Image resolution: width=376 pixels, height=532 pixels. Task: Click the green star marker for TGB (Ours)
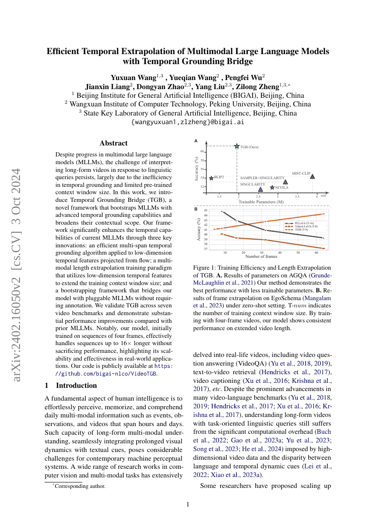point(236,146)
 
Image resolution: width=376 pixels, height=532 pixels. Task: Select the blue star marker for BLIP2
point(211,177)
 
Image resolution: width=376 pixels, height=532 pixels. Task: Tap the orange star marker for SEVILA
point(272,187)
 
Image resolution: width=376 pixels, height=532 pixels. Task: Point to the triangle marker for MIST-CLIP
point(312,176)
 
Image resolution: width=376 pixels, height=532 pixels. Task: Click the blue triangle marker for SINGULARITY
point(260,189)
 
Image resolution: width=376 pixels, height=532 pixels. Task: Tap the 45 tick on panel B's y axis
point(206,211)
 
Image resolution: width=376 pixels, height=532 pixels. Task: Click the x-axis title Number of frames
point(261,256)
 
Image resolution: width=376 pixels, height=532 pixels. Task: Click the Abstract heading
point(113,143)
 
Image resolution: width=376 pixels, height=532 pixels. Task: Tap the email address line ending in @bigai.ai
point(188,122)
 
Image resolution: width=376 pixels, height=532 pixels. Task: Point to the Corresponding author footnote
point(80,486)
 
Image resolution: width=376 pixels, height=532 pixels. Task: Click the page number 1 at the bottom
point(188,504)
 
